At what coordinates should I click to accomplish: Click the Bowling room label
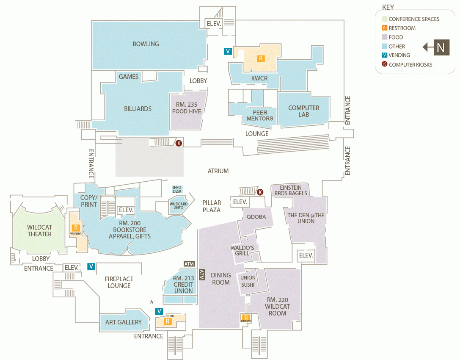pyautogui.click(x=146, y=44)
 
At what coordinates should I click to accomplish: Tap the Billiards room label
pyautogui.click(x=138, y=109)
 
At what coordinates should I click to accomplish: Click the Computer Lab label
pyautogui.click(x=303, y=111)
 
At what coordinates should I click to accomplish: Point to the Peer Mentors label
pyautogui.click(x=260, y=116)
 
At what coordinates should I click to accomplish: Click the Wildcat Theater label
pyautogui.click(x=39, y=231)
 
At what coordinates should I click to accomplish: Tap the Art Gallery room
pyautogui.click(x=124, y=322)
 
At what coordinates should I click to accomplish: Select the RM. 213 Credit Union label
pyautogui.click(x=183, y=285)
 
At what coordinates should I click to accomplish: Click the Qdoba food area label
pyautogui.click(x=256, y=217)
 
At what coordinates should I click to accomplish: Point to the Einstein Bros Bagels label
pyautogui.click(x=290, y=190)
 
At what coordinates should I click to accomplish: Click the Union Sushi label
pyautogui.click(x=248, y=281)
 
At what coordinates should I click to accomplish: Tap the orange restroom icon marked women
pyautogui.click(x=76, y=228)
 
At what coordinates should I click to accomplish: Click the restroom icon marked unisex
pyautogui.click(x=245, y=318)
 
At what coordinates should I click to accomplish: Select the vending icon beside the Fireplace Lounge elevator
pyautogui.click(x=91, y=266)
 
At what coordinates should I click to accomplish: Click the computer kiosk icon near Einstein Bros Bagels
pyautogui.click(x=260, y=192)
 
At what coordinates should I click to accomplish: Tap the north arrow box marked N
pyautogui.click(x=441, y=47)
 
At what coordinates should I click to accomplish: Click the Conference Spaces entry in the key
pyautogui.click(x=413, y=19)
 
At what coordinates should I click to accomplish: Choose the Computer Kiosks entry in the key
pyautogui.click(x=410, y=64)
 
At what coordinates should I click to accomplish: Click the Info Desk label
pyautogui.click(x=177, y=189)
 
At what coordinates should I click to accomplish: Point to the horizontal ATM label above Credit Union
pyautogui.click(x=189, y=264)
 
